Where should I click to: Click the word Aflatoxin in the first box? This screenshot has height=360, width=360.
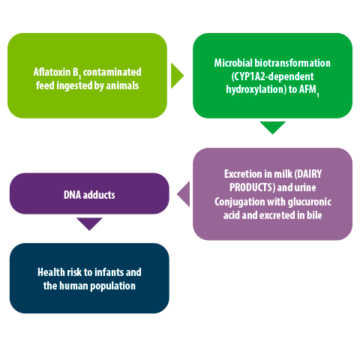tap(52, 72)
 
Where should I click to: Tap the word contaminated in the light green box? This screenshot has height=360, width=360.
tap(112, 72)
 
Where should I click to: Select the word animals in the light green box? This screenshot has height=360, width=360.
tap(122, 85)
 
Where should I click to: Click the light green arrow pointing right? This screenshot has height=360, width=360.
tap(177, 76)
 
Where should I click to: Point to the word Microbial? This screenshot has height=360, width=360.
tap(233, 63)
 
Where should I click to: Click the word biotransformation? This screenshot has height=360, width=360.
tap(292, 63)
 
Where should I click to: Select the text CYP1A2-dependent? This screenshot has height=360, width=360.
tap(272, 76)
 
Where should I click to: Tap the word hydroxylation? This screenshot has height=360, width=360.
tap(256, 89)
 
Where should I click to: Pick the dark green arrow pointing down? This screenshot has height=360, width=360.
tap(272, 127)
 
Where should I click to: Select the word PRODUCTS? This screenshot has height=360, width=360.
tap(252, 187)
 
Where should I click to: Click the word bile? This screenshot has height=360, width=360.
tap(314, 215)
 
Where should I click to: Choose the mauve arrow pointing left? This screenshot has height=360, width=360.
tap(183, 194)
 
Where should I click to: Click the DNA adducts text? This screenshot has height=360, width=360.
tap(89, 195)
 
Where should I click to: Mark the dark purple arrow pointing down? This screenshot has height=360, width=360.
tap(89, 223)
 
